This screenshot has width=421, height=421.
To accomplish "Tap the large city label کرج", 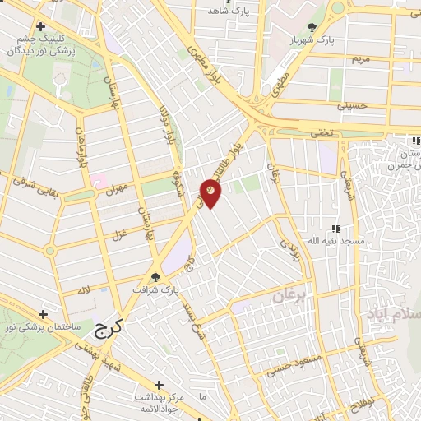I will [109, 330].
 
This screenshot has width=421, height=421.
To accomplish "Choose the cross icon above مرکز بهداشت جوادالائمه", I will [160, 384].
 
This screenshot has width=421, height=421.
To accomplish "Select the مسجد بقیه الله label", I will [315, 241].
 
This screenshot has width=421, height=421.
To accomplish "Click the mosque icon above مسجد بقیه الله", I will [335, 229].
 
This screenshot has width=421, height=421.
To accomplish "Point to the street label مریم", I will [361, 59].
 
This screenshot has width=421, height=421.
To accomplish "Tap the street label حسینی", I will [350, 106].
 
